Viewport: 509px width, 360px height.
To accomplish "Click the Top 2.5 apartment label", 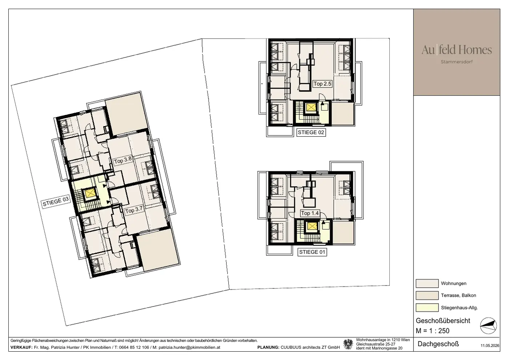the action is [322, 84].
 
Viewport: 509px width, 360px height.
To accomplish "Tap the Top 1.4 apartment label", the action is [310, 213].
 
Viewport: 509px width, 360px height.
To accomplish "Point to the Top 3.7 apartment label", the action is [134, 210].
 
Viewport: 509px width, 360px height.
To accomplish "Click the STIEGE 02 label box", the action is [311, 132].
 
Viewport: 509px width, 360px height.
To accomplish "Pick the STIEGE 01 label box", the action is [312, 252].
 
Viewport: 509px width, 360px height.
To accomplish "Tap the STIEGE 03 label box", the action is [56, 201].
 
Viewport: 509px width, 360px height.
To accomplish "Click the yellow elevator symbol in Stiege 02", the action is [311, 107].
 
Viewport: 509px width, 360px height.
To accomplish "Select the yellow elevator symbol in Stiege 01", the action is [312, 226].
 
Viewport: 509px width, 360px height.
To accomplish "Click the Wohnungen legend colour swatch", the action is [427, 283].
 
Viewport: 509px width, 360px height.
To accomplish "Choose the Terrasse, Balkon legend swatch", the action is [427, 295].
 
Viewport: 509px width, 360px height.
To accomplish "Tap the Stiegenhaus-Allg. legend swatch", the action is [427, 308].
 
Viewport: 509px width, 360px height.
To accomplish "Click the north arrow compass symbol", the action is [488, 326].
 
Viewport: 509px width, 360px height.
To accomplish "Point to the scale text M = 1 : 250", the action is [432, 331].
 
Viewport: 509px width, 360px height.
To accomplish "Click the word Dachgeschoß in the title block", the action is [438, 344].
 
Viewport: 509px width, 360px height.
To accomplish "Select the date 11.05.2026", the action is [490, 345].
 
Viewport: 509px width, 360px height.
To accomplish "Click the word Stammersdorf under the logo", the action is [457, 62].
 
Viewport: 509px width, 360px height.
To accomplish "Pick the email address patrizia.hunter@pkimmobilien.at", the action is [189, 347].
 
